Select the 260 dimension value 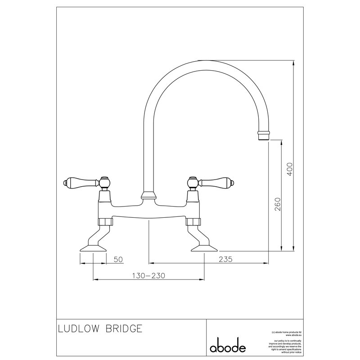277,205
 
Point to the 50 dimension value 118,259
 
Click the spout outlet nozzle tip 264,134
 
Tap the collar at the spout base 148,195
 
